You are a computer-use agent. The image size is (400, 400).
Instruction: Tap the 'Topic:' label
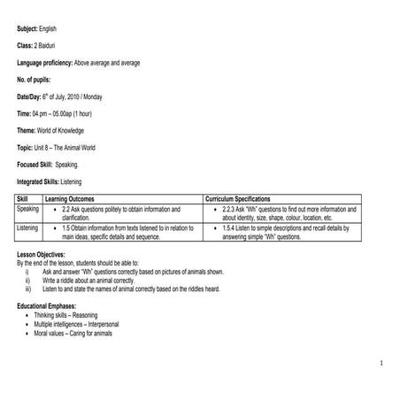27,147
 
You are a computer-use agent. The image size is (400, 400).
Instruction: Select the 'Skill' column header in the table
23,200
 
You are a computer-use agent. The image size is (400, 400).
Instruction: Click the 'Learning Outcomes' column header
70,200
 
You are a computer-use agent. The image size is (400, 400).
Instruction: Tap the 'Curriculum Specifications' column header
243,200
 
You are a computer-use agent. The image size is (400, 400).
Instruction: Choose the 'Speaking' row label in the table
28,210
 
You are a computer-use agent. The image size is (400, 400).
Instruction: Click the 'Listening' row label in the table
28,228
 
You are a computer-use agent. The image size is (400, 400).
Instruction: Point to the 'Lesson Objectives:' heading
42,252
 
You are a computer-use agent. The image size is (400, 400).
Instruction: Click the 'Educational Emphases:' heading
50,304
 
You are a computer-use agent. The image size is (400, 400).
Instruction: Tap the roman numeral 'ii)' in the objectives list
28,281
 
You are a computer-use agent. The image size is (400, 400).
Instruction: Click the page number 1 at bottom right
379,363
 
